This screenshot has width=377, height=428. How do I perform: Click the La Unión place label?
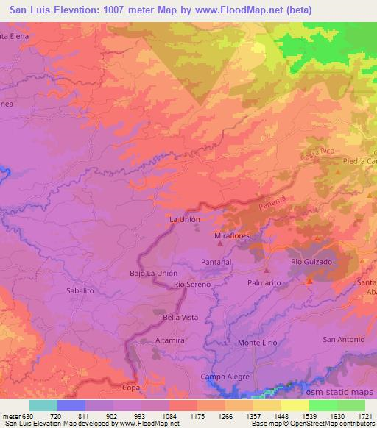pos(184,219)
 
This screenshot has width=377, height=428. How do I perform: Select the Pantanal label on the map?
pos(216,261)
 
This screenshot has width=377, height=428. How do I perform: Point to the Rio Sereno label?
pos(192,284)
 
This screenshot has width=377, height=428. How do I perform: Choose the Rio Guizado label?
pos(312,261)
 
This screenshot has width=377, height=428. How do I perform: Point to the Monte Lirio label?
pos(257,343)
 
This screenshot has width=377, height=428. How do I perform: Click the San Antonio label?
pos(344,339)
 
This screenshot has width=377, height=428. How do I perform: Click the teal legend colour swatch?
pos(43,405)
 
